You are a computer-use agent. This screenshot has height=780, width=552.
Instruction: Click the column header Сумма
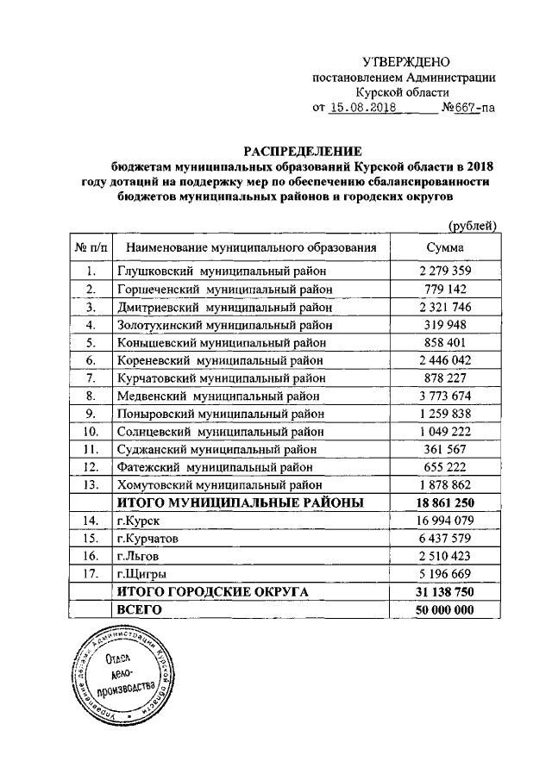pyautogui.click(x=445, y=247)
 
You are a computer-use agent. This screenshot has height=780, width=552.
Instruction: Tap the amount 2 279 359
pyautogui.click(x=445, y=271)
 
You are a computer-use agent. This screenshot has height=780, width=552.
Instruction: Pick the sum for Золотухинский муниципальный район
pyautogui.click(x=445, y=325)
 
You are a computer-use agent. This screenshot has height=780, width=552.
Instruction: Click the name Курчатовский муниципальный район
pyautogui.click(x=221, y=378)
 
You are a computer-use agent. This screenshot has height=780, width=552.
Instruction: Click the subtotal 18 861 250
pyautogui.click(x=445, y=502)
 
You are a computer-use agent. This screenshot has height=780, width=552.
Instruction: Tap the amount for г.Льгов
pyautogui.click(x=445, y=556)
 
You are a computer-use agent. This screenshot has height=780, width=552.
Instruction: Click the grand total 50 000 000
pyautogui.click(x=445, y=609)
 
